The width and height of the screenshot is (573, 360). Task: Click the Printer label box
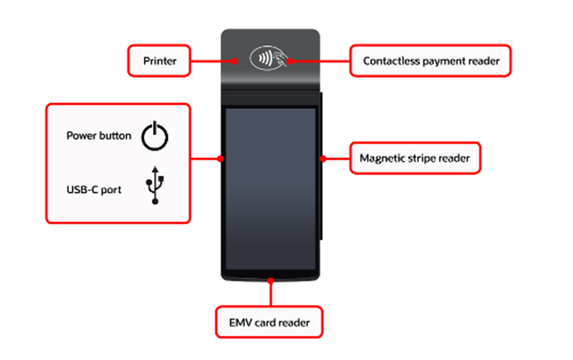point(159,61)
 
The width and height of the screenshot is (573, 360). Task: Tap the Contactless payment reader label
point(430,61)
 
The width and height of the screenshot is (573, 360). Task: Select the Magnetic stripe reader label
point(415,158)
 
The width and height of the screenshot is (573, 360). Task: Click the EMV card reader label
point(269,322)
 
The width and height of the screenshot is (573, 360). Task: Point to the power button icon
point(154,137)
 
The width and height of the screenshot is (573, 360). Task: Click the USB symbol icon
point(155,184)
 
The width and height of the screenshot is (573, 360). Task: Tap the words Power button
point(99,135)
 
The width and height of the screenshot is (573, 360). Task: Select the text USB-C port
point(94,190)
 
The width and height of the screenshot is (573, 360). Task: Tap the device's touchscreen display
point(270,189)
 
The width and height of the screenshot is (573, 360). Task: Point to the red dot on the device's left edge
point(221,158)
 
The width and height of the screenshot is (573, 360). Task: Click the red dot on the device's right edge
point(322,158)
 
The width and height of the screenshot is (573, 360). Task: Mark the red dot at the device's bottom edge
point(271,280)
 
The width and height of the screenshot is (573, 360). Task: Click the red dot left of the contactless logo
point(235,61)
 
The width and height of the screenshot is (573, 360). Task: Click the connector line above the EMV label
point(271,294)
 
